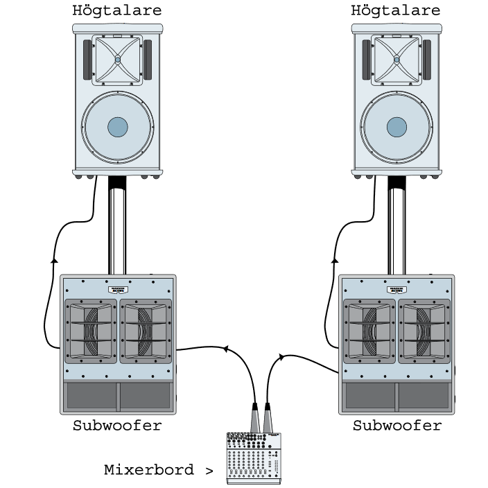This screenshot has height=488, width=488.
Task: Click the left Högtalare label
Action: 117,10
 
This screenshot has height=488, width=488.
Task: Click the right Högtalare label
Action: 396,10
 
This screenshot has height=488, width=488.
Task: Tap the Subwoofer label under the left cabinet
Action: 117,426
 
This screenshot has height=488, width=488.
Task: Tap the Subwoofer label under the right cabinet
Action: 397,426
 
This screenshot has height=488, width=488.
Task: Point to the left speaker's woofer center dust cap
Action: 118,127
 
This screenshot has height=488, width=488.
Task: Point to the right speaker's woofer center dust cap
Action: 397,127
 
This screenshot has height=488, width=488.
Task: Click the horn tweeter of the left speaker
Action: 118,60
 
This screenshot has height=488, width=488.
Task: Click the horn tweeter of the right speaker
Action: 397,60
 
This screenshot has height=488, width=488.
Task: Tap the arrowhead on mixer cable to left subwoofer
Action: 225,348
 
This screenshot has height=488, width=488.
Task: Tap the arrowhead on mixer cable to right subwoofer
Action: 281,357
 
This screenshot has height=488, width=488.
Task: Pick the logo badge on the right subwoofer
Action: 397,289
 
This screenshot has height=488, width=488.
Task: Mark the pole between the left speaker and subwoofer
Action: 117,229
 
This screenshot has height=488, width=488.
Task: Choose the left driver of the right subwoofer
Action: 369,331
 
